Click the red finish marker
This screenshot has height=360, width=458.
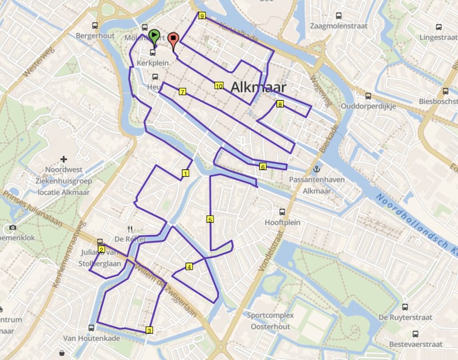173,39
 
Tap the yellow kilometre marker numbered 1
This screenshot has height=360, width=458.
185,172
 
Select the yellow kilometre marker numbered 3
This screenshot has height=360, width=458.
149,330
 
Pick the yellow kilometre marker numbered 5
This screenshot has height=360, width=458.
210,219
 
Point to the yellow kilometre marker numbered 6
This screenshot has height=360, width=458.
262,167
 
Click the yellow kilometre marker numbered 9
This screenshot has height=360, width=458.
202,16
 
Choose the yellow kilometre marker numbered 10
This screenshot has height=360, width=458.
218,86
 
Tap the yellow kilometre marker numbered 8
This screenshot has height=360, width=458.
280,104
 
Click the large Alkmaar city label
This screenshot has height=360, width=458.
259,88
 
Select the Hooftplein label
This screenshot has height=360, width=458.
280,221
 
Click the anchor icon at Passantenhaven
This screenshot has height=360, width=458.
315,169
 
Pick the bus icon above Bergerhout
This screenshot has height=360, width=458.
95,26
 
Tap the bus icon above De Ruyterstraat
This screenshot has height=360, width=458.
405,307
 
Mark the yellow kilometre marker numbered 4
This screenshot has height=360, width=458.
189,266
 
